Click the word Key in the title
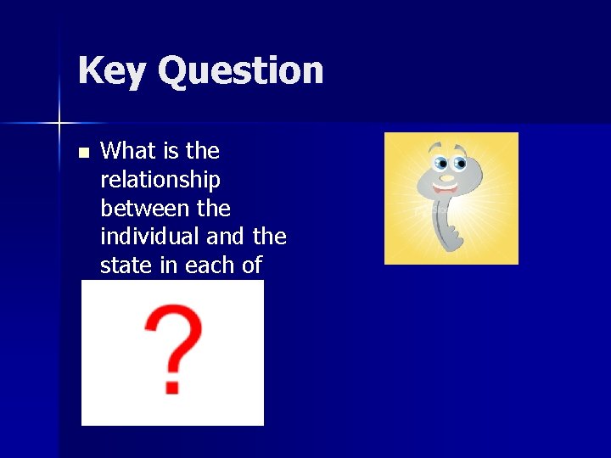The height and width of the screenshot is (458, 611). click(x=111, y=70)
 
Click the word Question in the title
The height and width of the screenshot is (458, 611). click(x=241, y=70)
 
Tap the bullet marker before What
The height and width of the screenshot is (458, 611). click(x=82, y=154)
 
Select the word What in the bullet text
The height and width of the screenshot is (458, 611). click(x=128, y=151)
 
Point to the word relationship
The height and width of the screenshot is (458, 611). click(x=160, y=180)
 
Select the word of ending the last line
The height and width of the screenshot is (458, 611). click(x=252, y=265)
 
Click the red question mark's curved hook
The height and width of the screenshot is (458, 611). click(x=174, y=335)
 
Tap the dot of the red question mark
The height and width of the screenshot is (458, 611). click(x=172, y=386)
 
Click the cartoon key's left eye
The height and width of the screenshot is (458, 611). click(x=440, y=163)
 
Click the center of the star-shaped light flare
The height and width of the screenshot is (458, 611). click(x=59, y=124)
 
